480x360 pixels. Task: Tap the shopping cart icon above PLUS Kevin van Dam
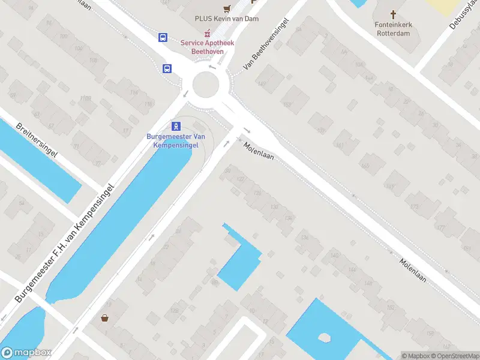point(227,8)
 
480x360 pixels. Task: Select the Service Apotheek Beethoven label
point(207,47)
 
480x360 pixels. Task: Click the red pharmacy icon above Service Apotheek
point(208,32)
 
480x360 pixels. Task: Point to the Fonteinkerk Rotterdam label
point(393,28)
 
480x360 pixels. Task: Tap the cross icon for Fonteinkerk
point(394,14)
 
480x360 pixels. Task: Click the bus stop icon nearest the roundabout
point(166,68)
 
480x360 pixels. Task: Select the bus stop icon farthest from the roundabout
point(163,37)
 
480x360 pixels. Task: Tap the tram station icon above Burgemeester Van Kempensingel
point(176,126)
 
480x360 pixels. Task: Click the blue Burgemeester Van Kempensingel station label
point(176,140)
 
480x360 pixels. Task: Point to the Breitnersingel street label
point(37,140)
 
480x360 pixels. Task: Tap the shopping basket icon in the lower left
point(105,317)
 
